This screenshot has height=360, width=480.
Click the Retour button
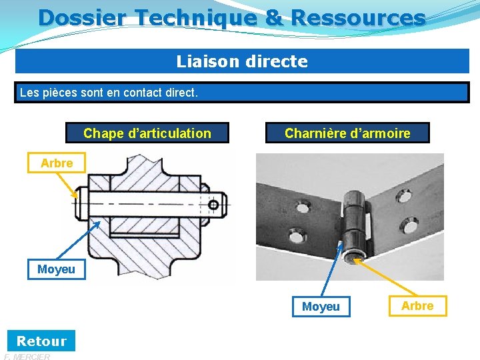[x=41, y=341]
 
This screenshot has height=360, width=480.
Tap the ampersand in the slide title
[x=274, y=17]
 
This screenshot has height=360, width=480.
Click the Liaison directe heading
[x=242, y=61]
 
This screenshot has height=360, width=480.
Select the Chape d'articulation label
[x=147, y=133]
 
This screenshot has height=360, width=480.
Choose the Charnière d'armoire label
[x=347, y=133]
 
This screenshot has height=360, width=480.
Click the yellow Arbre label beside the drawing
[x=57, y=163]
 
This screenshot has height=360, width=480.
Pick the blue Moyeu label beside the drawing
[x=56, y=269]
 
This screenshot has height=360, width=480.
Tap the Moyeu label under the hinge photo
[x=321, y=307]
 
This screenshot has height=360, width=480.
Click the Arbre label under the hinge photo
[x=417, y=306]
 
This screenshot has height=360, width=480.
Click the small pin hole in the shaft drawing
[x=213, y=204]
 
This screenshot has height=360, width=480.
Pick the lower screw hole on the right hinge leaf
[x=406, y=225]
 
